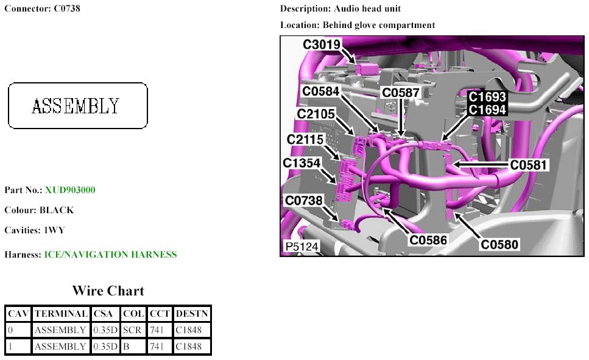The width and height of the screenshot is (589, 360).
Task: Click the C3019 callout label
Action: [322, 44]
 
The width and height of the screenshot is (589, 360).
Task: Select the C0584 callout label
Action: [322, 91]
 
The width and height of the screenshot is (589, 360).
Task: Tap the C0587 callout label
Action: [400, 93]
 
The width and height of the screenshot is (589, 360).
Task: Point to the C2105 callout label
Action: [317, 115]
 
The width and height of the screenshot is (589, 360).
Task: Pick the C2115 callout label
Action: [306, 140]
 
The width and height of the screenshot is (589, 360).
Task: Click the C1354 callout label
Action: [302, 163]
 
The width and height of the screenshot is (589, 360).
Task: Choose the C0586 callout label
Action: [428, 239]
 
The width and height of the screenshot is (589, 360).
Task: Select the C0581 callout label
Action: [529, 164]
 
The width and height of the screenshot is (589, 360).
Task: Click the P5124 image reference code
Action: [302, 247]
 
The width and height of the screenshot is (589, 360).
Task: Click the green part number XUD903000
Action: [70, 190]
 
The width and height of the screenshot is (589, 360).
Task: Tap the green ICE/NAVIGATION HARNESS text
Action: [110, 255]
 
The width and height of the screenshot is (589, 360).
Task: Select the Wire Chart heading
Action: [108, 291]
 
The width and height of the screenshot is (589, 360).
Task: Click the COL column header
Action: [133, 314]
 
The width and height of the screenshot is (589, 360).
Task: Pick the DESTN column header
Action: [192, 314]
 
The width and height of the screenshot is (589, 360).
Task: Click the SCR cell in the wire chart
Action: [132, 330]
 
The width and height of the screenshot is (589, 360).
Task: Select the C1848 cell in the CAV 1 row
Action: [188, 347]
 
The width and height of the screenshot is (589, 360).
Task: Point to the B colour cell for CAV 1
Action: [125, 347]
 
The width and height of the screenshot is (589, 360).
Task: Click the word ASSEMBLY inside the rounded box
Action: [76, 106]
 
